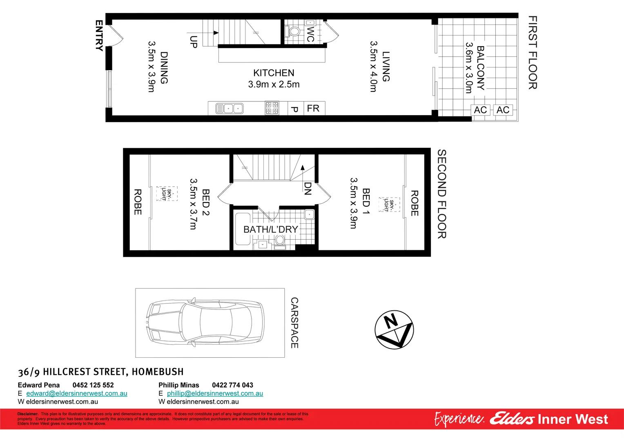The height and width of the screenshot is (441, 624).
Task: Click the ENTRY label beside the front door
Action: point(99,36)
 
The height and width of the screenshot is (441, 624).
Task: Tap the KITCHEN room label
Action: point(274,73)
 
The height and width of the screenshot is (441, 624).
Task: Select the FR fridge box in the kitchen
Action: point(313,109)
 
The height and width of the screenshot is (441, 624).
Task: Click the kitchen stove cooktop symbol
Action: point(272,108)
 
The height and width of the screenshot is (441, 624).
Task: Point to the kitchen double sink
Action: point(229,109)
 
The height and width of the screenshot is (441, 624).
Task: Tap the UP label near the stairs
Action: point(194,42)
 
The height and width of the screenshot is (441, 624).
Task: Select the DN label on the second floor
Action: point(308,188)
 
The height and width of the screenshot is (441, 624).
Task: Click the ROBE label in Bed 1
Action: point(414,203)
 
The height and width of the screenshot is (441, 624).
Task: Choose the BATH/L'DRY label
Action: point(270,229)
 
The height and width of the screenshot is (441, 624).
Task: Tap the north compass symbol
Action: point(394,330)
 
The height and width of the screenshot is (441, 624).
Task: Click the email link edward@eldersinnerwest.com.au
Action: point(77,393)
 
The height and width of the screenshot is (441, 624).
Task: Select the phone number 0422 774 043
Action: point(232,385)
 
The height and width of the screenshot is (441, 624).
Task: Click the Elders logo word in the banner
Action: point(512,419)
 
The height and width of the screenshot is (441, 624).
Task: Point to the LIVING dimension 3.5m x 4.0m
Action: point(373,66)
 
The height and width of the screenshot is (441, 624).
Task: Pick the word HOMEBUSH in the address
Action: point(158,372)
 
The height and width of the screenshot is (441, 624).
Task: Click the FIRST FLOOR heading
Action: point(533,53)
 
